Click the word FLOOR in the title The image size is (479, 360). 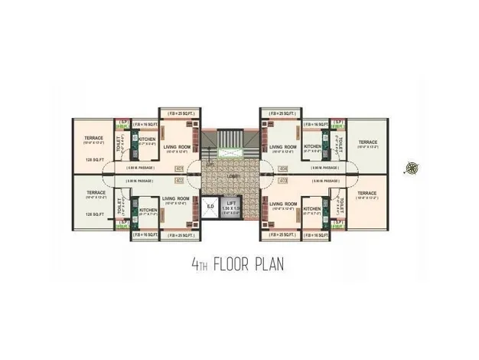click(x=233, y=265)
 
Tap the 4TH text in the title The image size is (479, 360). click(x=197, y=265)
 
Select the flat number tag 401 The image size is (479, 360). click(x=179, y=169)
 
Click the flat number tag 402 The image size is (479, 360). click(x=179, y=181)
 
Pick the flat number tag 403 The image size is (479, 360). click(x=283, y=181)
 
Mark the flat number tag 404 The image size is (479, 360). click(x=283, y=169)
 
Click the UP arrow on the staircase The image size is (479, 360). click(x=210, y=164)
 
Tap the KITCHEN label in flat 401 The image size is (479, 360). click(x=148, y=139)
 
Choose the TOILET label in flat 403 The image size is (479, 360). click(x=342, y=205)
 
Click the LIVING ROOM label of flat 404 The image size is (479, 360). click(x=283, y=147)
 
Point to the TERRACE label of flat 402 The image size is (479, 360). click(x=96, y=193)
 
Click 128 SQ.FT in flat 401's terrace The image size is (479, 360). click(x=96, y=160)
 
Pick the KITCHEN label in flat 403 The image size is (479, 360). click(x=312, y=209)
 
